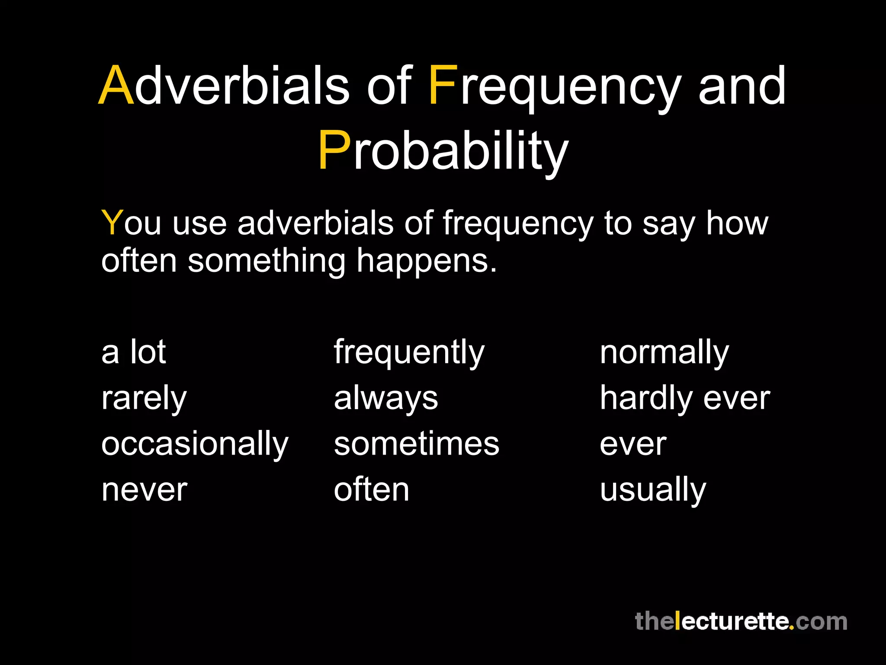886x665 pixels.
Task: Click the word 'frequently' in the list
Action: (x=409, y=353)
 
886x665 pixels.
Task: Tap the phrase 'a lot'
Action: (x=133, y=352)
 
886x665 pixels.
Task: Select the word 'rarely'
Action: (x=144, y=399)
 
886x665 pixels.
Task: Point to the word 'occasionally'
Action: (x=195, y=445)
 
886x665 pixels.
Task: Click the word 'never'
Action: (x=144, y=491)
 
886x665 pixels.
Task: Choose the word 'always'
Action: (x=386, y=399)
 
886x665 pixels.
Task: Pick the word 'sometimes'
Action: (x=416, y=445)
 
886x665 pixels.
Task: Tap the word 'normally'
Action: (x=664, y=353)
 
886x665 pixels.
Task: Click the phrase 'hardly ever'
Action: (x=684, y=398)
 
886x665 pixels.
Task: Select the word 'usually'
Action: (x=652, y=491)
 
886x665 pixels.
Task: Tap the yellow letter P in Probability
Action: (x=334, y=151)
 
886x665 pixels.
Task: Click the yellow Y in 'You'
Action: (x=112, y=223)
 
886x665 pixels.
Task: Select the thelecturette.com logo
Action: (x=741, y=621)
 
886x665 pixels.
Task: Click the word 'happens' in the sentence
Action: (x=426, y=261)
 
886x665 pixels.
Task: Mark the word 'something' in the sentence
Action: (x=266, y=261)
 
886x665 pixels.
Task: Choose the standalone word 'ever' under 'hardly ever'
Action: (x=632, y=445)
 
